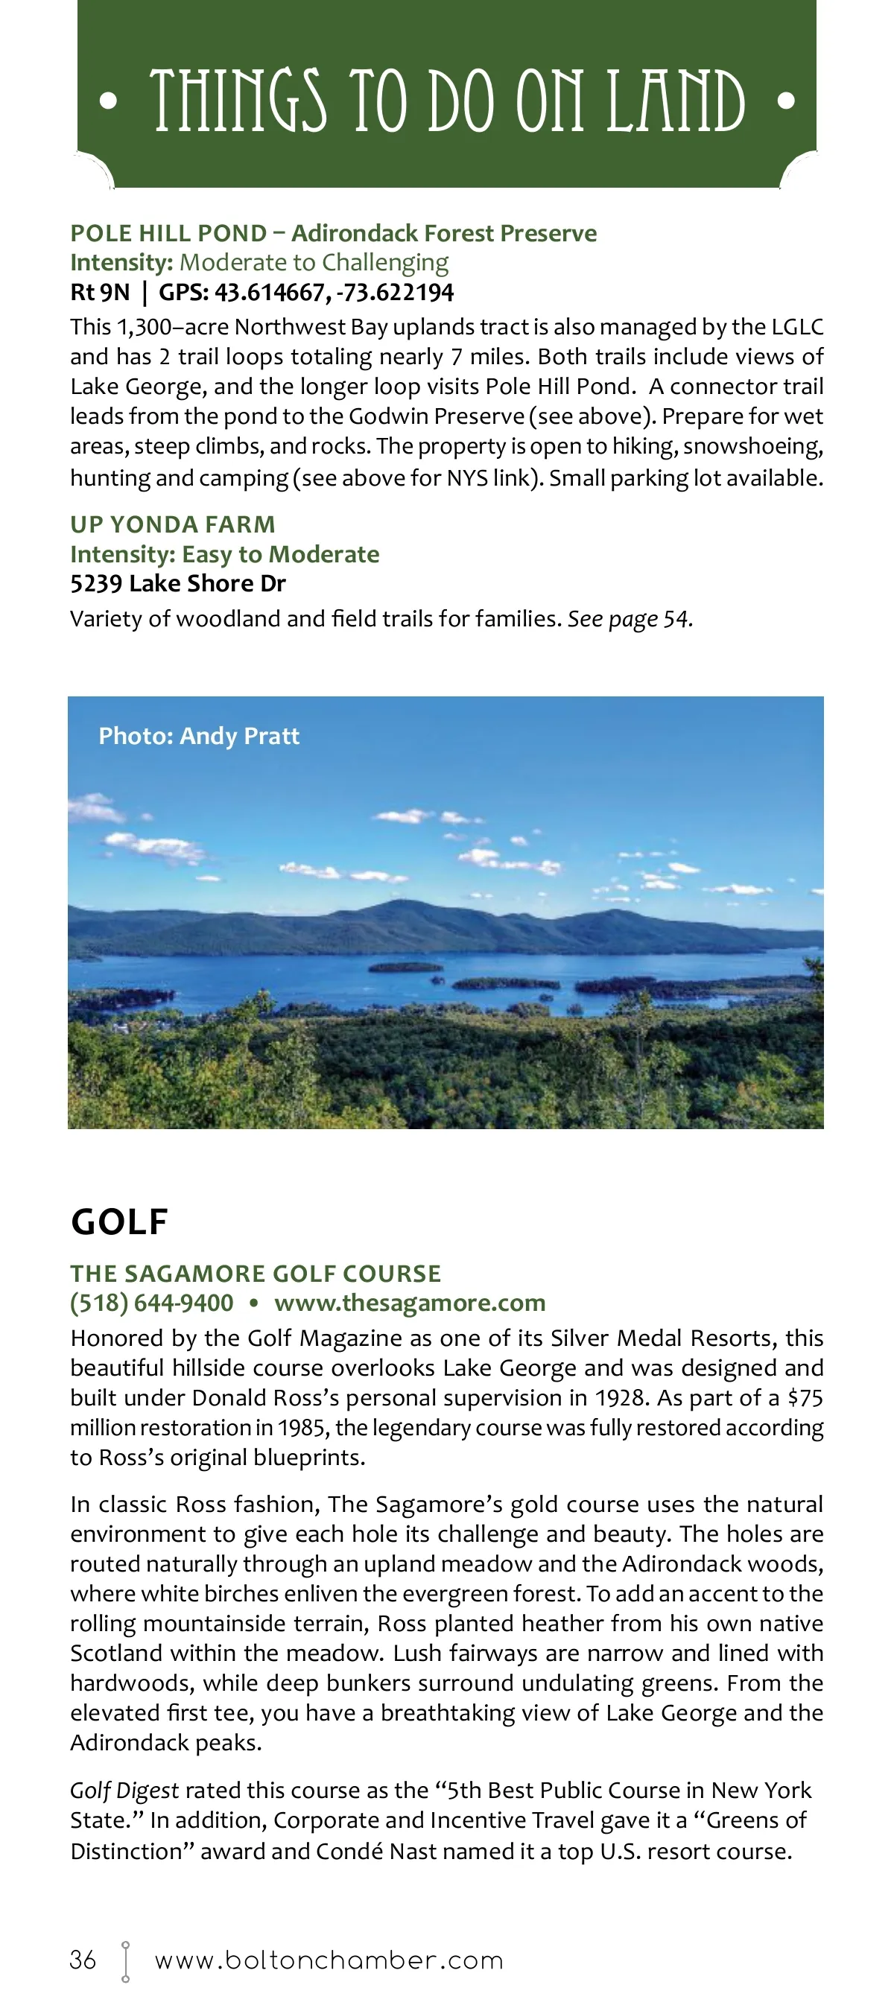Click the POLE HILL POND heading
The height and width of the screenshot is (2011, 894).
168,233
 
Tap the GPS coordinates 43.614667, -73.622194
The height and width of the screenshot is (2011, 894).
335,293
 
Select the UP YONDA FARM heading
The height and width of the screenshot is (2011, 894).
173,524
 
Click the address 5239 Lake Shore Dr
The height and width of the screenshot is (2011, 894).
178,583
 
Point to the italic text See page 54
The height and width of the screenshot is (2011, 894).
630,619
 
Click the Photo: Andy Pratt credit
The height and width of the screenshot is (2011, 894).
199,735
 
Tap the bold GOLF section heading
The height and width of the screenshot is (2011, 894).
119,1221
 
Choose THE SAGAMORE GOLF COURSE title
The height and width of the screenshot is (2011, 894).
256,1274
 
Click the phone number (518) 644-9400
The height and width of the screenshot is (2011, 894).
151,1303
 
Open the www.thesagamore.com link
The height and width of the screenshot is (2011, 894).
410,1303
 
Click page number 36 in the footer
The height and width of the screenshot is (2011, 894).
83,1960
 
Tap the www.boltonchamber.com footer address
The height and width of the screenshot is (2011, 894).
329,1960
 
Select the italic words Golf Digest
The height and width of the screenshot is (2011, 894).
124,1790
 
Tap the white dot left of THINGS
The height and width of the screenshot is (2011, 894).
110,101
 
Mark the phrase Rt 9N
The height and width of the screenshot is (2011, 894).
100,293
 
